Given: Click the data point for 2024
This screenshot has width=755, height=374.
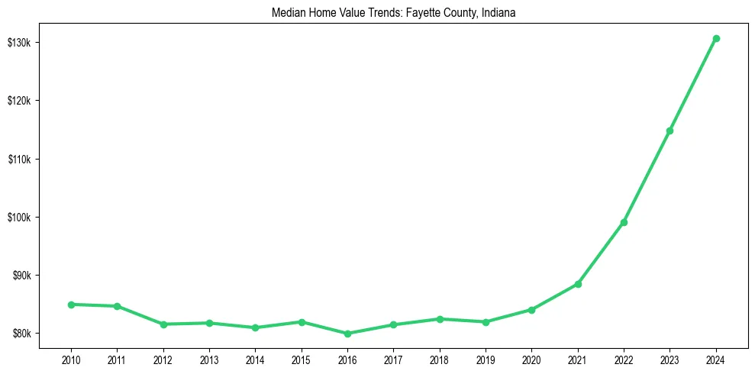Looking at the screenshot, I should tap(716, 38).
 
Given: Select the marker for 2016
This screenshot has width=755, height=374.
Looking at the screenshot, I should tap(347, 334).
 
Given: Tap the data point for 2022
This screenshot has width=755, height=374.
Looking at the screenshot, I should tap(624, 222).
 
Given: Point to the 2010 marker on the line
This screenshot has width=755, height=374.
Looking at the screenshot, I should tap(71, 305).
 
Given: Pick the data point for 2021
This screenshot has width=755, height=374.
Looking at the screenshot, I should tap(578, 284).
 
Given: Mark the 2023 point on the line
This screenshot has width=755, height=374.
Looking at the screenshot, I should tap(669, 131).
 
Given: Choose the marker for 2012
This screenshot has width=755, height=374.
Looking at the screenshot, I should tap(163, 324).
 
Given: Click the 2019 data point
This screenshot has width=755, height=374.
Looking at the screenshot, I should tap(486, 322).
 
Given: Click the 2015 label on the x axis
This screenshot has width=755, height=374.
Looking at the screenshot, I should tap(302, 360).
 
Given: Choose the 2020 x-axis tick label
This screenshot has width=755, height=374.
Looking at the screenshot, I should tap(531, 360).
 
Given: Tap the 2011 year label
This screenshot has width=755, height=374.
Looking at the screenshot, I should tap(117, 360).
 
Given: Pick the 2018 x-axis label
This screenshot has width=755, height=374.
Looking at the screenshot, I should tap(440, 360).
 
